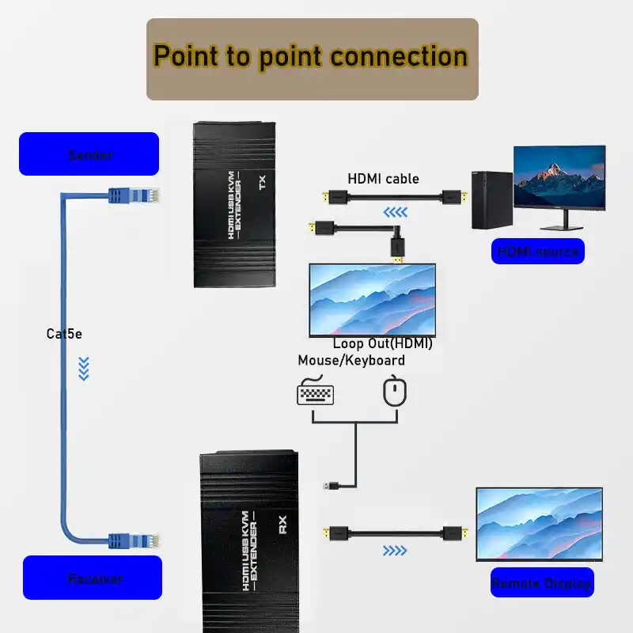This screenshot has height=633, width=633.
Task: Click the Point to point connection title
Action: pos(311,58)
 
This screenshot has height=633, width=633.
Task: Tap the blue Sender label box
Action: pos(89,154)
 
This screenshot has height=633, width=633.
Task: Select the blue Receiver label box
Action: pos(93,578)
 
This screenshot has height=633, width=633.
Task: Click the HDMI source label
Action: pos(537,252)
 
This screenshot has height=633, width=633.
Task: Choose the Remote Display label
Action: pos(541,583)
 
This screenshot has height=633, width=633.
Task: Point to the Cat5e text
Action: pos(64,334)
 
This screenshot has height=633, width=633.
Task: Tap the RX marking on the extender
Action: pos(282,525)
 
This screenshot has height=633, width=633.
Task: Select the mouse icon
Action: pos(394,391)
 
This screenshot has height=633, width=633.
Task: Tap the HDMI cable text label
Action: pos(383,179)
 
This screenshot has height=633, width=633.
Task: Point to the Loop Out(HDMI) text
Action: pos(382,343)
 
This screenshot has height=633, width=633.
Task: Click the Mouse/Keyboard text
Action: pos(351,361)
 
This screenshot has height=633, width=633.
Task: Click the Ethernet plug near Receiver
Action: pos(135,540)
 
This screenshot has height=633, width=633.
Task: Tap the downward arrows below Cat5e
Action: pos(84,368)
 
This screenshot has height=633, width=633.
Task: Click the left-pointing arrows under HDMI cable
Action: pos(396,212)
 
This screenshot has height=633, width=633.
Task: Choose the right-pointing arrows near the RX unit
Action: pos(394,550)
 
